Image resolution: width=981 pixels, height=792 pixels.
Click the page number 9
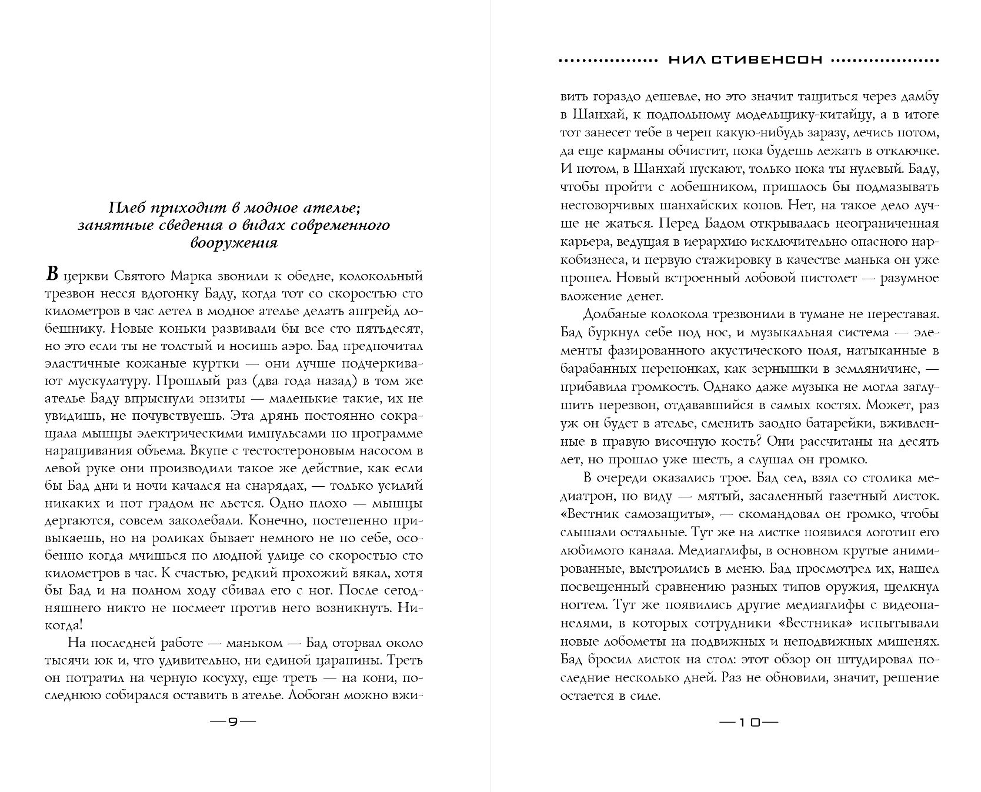(x=233, y=723)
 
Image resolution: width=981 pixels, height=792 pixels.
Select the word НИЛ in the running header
(x=686, y=60)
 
